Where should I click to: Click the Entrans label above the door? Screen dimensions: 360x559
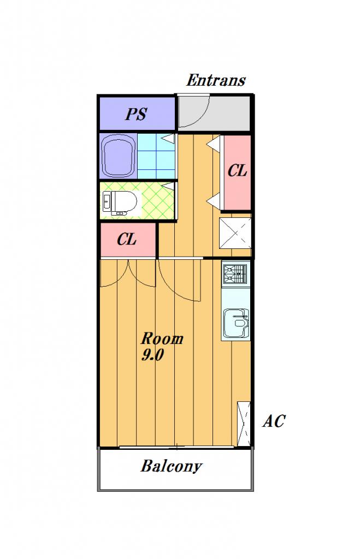[x=216, y=80]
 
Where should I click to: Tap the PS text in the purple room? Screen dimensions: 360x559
[x=136, y=114]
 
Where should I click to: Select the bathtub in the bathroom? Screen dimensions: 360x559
[x=118, y=155]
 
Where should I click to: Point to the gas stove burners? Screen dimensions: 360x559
[x=235, y=273]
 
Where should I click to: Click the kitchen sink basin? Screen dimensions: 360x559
[x=236, y=323]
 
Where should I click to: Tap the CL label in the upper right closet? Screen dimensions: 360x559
[x=237, y=171]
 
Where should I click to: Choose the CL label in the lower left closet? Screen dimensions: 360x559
[x=127, y=239]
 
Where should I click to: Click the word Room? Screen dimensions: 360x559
[x=162, y=338]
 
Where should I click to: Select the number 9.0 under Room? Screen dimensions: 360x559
[x=152, y=355]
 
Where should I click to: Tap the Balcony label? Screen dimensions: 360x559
[x=171, y=466]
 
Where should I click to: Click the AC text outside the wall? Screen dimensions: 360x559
[x=274, y=421]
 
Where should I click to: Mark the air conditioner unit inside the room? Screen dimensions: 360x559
[x=244, y=424]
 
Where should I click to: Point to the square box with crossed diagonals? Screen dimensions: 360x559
[x=235, y=233]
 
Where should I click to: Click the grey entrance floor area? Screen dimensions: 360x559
[x=214, y=113]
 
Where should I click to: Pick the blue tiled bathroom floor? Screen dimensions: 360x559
[x=156, y=156]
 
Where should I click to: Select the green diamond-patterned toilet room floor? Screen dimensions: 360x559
[x=157, y=201]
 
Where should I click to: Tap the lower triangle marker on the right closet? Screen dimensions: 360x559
[x=214, y=201]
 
